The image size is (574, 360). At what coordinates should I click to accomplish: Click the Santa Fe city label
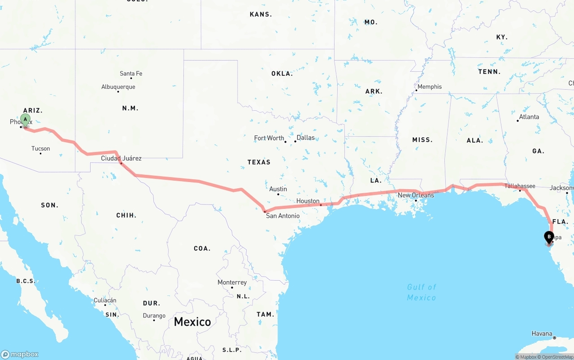coord(131,74)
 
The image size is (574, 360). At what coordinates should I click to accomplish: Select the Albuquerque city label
coord(118,87)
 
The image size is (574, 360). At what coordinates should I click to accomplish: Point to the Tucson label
coord(41,148)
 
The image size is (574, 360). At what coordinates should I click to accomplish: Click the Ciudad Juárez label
coord(121,158)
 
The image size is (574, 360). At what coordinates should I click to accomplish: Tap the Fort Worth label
coord(269,138)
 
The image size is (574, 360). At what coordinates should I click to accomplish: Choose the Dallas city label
coord(305,138)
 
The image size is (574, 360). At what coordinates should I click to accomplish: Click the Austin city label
coord(278,189)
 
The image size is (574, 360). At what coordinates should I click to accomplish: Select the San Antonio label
coord(283,216)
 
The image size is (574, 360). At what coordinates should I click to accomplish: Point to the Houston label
coord(308,201)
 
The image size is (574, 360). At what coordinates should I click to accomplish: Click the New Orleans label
coord(416,195)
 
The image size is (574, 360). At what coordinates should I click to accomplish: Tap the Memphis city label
coord(430,87)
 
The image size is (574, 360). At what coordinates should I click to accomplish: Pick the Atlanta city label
coord(529,117)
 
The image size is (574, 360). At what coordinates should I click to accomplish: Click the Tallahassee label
coord(520,186)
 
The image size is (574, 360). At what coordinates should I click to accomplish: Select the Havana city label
coord(542,334)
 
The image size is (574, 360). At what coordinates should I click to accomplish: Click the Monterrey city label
coord(232,282)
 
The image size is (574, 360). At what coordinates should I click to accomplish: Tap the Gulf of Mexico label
coord(422,292)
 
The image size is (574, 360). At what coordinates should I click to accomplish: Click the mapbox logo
coord(20,354)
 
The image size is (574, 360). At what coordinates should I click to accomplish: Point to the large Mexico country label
coord(192,322)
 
